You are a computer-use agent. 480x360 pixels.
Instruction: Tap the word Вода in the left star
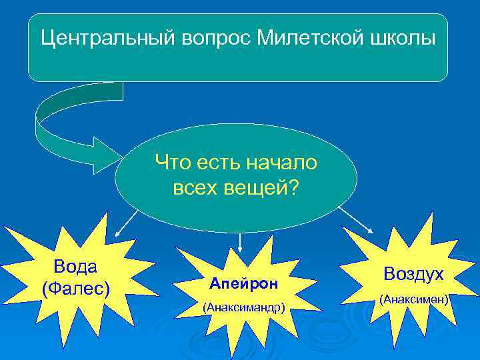75,267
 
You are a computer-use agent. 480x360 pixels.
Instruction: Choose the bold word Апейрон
243,283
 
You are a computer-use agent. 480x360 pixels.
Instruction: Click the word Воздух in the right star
413,274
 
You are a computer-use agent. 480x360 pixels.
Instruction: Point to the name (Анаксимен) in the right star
413,300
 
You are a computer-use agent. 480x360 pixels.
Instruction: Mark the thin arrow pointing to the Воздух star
357,219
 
